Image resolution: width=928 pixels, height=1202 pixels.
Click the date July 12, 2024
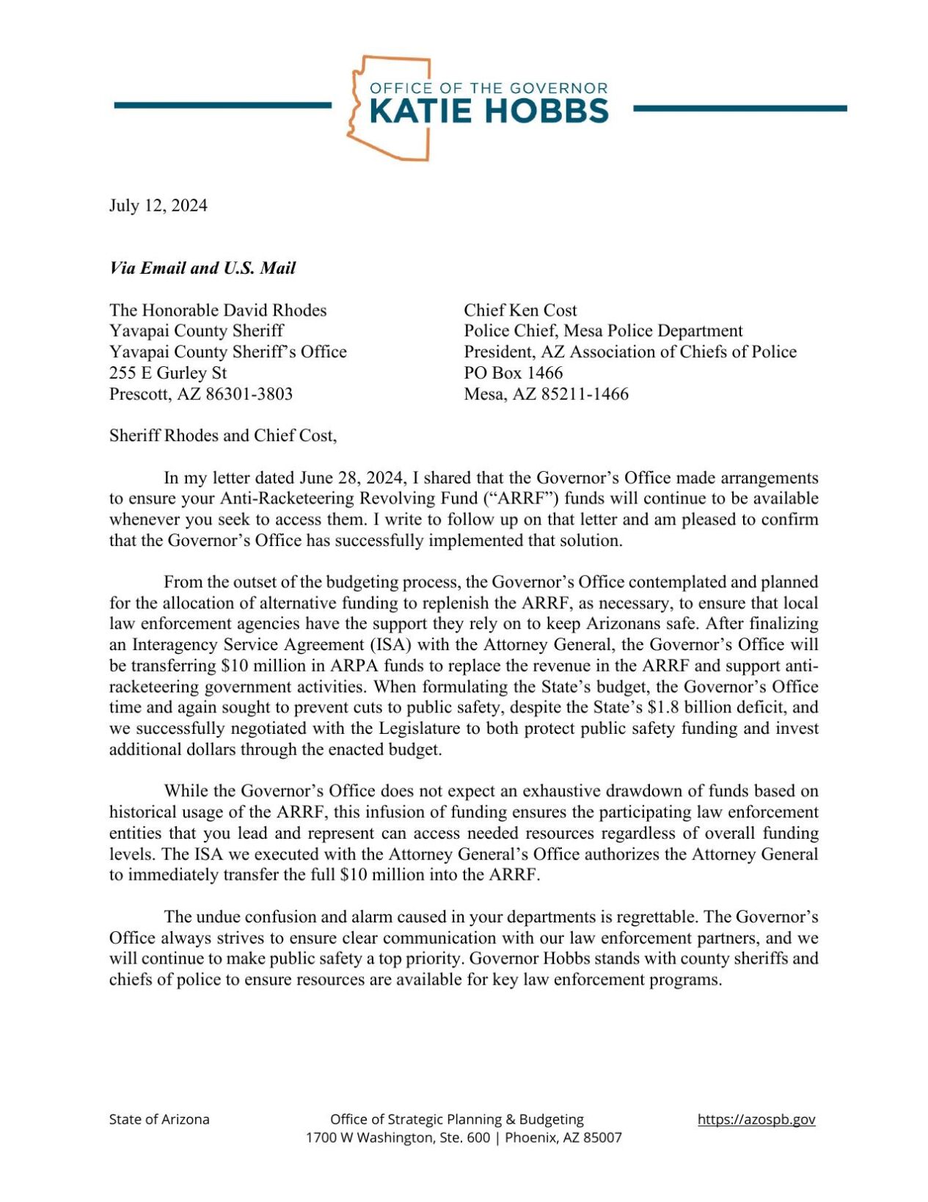coord(158,205)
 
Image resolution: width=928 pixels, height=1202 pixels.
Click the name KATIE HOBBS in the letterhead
coord(488,111)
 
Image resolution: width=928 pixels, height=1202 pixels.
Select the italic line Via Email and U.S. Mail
coord(202,268)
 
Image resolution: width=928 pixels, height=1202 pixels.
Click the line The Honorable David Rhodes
coord(218,310)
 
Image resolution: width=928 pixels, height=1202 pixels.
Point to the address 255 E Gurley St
coord(168,373)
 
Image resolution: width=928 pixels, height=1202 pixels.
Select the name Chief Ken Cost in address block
coord(520,310)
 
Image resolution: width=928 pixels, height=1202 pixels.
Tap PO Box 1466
coord(513,373)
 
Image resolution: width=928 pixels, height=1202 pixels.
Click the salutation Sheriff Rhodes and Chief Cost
coord(223,436)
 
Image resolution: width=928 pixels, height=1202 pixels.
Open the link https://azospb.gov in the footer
coord(756,1119)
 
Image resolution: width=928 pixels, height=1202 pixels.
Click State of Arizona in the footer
coord(159,1119)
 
